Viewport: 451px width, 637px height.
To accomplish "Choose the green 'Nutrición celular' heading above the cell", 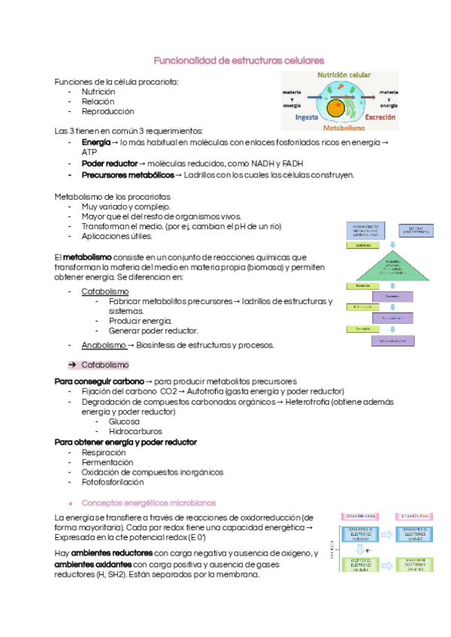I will click(344, 76).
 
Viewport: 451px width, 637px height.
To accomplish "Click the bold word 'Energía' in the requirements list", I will click(96, 142).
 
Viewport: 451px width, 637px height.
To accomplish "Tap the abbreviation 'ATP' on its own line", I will click(89, 152).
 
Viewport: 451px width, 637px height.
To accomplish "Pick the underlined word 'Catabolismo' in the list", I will click(104, 291).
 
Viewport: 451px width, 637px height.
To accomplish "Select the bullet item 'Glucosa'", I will click(124, 421).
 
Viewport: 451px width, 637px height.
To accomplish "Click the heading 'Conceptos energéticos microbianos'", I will click(148, 502).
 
